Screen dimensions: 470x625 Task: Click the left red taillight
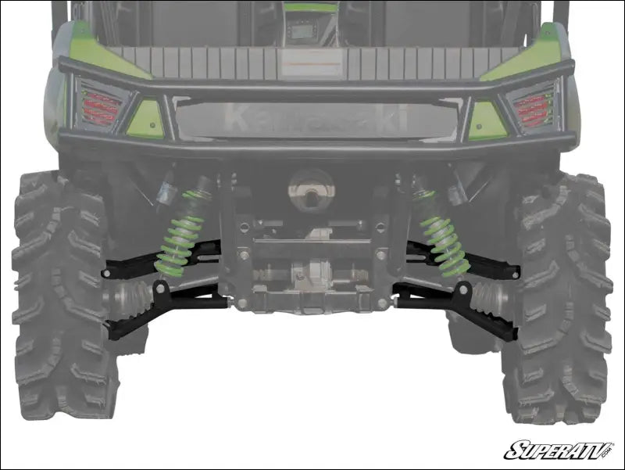[x=101, y=108]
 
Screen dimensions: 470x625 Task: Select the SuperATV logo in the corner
[x=559, y=450]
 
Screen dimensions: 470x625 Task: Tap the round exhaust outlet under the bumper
[x=310, y=188]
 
